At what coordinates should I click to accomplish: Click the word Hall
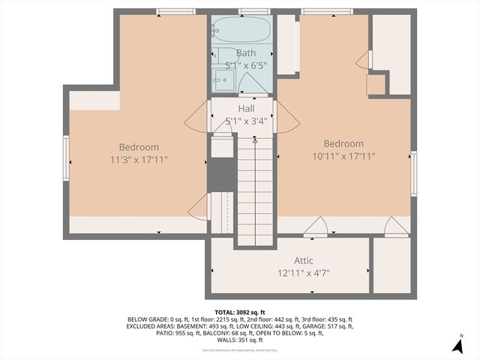pyautogui.click(x=246, y=109)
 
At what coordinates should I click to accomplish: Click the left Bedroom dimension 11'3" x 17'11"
pyautogui.click(x=139, y=159)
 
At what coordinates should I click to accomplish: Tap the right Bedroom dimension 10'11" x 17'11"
pyautogui.click(x=343, y=156)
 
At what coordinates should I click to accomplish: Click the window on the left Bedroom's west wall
pyautogui.click(x=66, y=157)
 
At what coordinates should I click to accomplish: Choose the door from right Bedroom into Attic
pyautogui.click(x=315, y=226)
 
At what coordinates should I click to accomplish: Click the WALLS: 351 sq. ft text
pyautogui.click(x=240, y=340)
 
